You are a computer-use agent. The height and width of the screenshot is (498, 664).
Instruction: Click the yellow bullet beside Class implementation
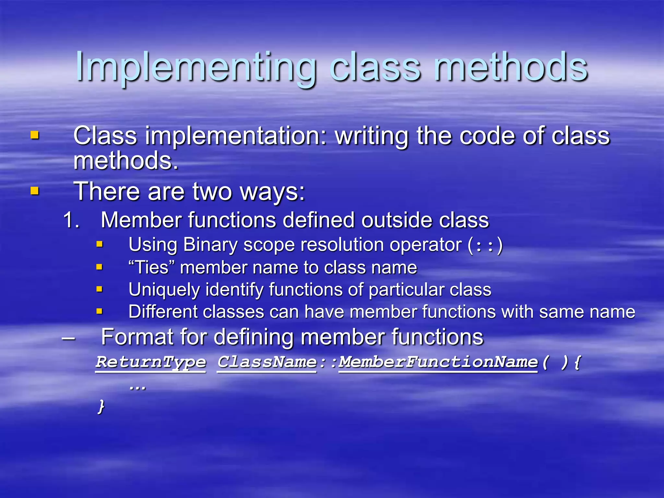[35, 135]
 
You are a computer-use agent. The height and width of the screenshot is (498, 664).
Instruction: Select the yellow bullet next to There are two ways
[35, 191]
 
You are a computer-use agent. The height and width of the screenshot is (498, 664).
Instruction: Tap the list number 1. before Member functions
[71, 220]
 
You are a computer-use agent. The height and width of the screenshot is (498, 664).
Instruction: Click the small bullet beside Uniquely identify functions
[100, 289]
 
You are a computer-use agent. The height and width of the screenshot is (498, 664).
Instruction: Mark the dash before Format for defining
[69, 338]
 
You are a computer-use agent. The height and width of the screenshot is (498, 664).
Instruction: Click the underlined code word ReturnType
[151, 362]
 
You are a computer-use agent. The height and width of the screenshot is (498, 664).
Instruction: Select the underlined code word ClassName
[267, 362]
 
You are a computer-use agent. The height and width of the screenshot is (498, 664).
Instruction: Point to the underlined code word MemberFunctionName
[438, 362]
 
